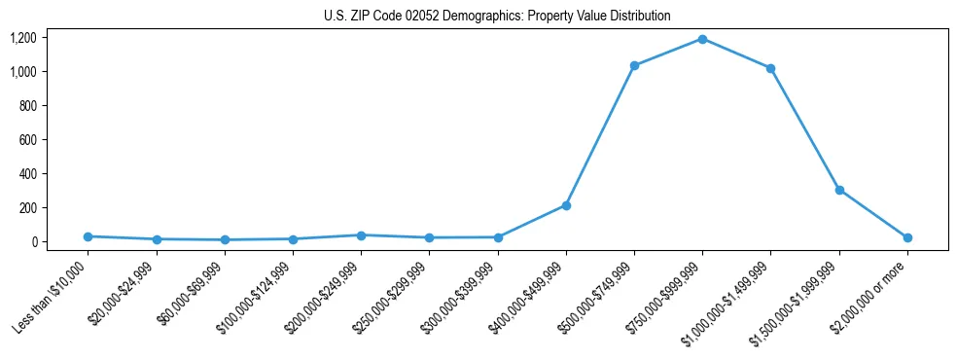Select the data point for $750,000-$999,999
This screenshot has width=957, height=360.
(702, 39)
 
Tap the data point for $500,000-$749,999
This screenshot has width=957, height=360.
(634, 65)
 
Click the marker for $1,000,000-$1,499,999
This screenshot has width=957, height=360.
(770, 68)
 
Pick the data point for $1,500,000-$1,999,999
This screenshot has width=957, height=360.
(839, 190)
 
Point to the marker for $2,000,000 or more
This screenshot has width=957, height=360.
(907, 237)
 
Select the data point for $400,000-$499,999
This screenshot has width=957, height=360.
(566, 205)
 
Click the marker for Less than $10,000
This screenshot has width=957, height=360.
(89, 236)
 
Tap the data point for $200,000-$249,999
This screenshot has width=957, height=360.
(361, 235)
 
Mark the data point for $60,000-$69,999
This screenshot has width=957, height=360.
(225, 239)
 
